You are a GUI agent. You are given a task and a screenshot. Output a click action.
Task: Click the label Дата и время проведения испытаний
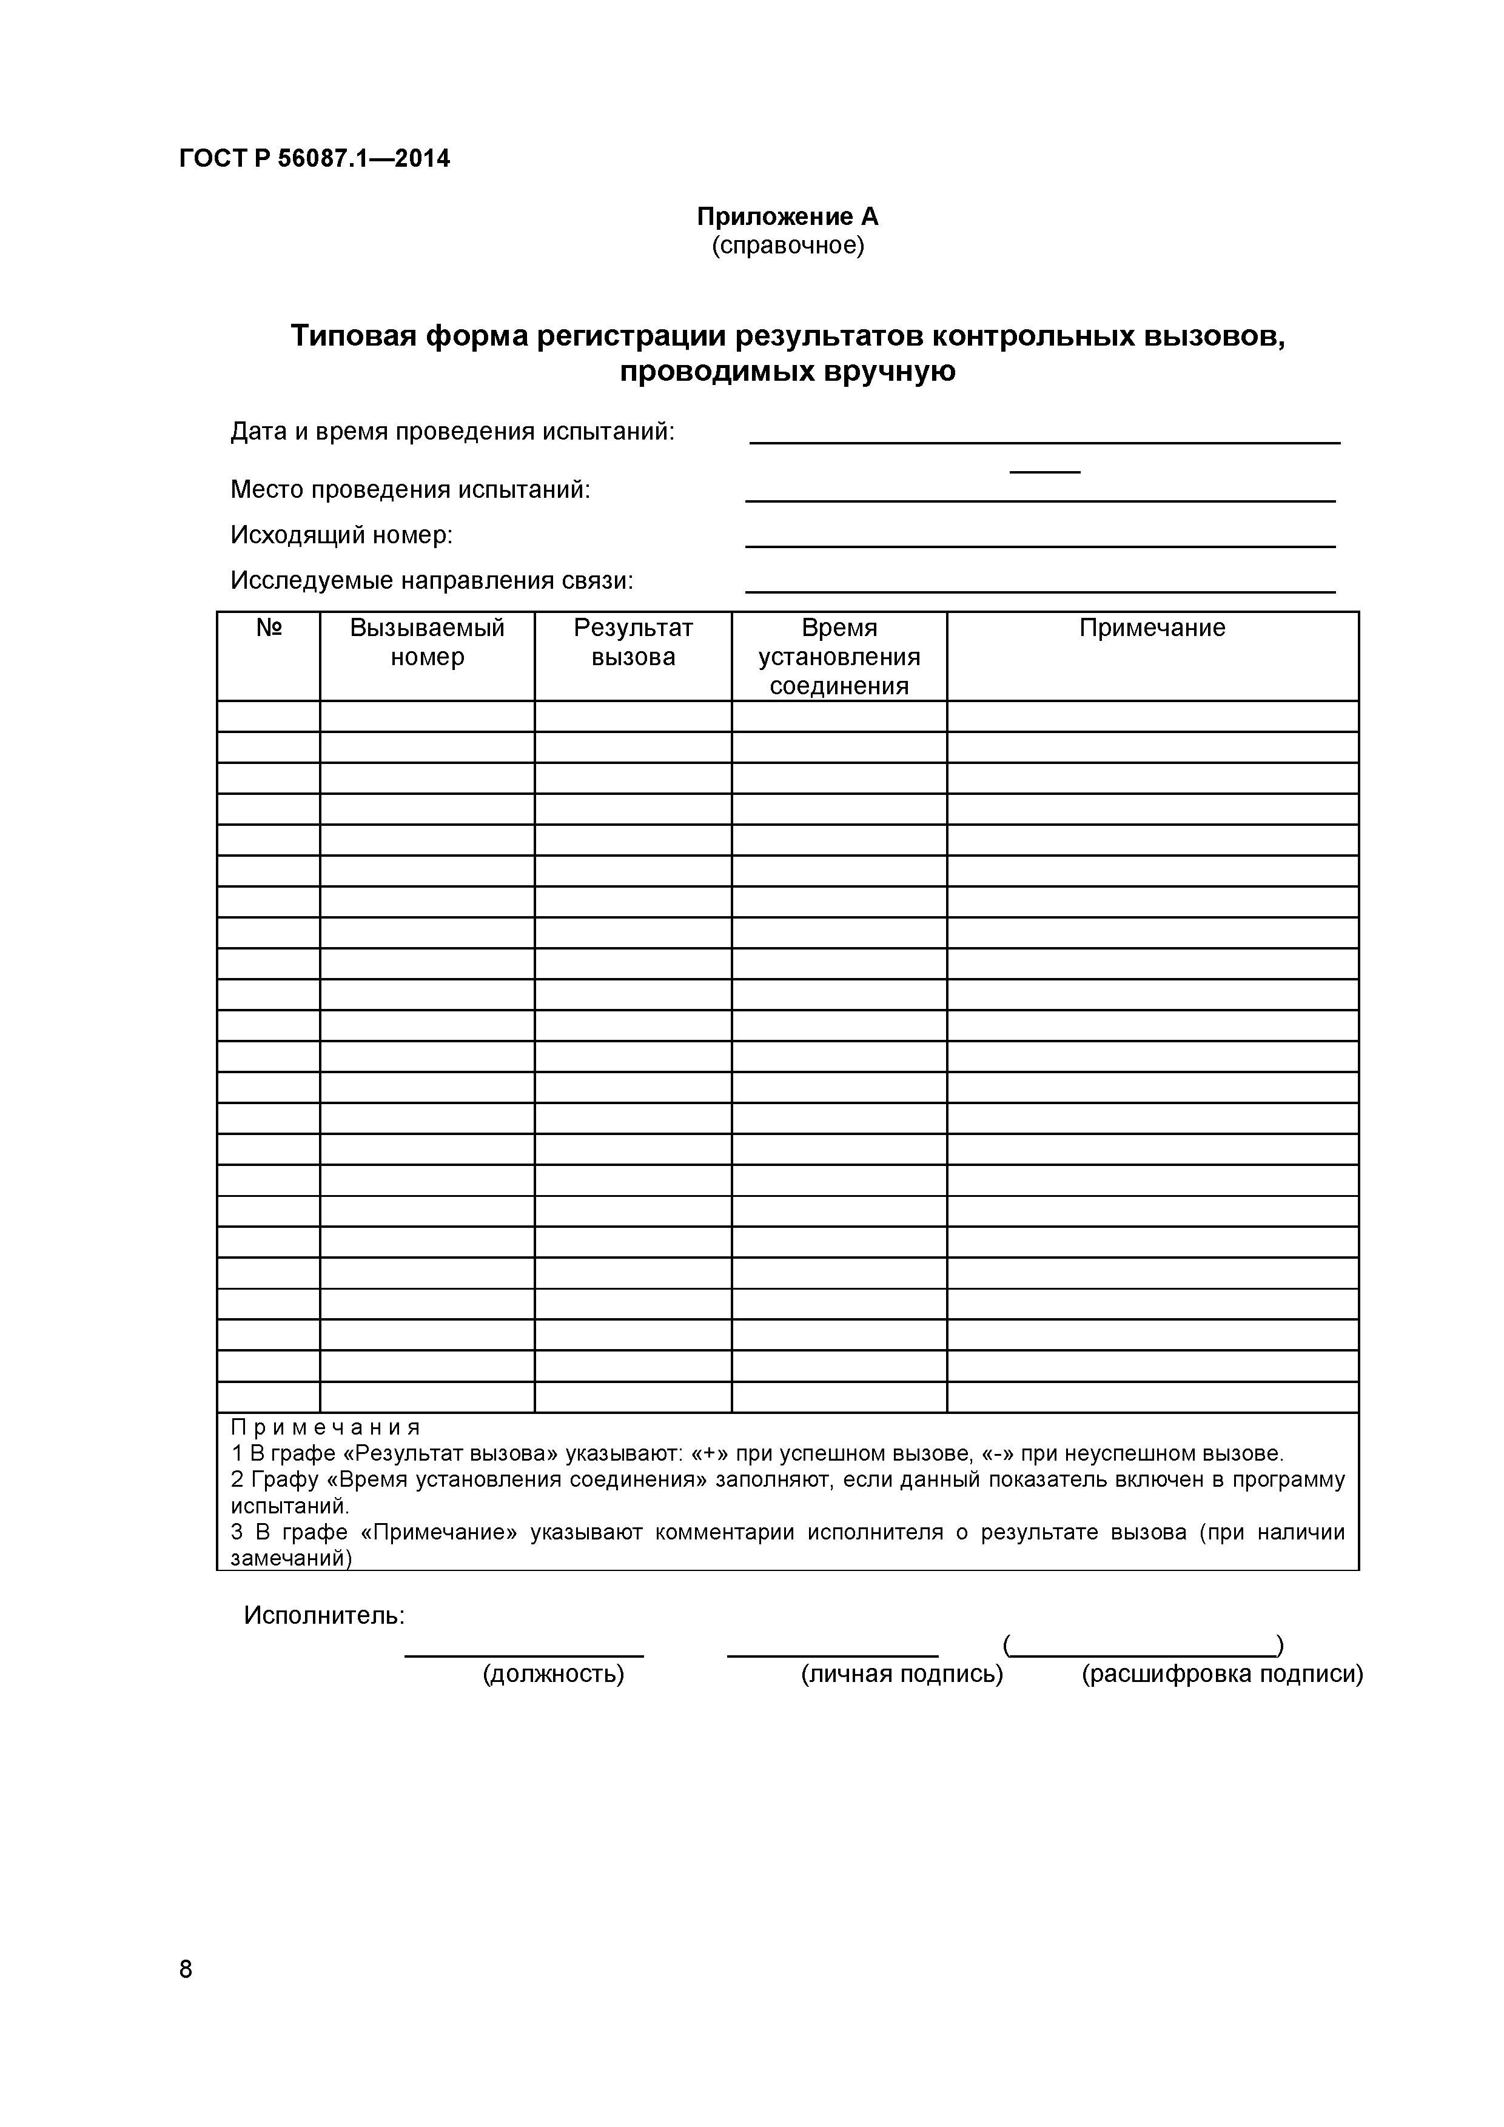tap(452, 432)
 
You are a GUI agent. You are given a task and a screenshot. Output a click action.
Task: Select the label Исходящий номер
tap(341, 535)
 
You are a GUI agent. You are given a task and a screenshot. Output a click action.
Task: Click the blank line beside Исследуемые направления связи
tap(1039, 589)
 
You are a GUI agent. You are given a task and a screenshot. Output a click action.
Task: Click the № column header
tap(269, 628)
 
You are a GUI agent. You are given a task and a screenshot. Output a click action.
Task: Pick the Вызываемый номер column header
tap(427, 642)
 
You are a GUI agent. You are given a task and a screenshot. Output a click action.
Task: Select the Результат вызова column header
tap(633, 642)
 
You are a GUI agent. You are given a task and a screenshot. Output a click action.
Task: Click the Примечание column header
tap(1152, 628)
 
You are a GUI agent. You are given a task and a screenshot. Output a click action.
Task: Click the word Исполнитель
tap(324, 1616)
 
